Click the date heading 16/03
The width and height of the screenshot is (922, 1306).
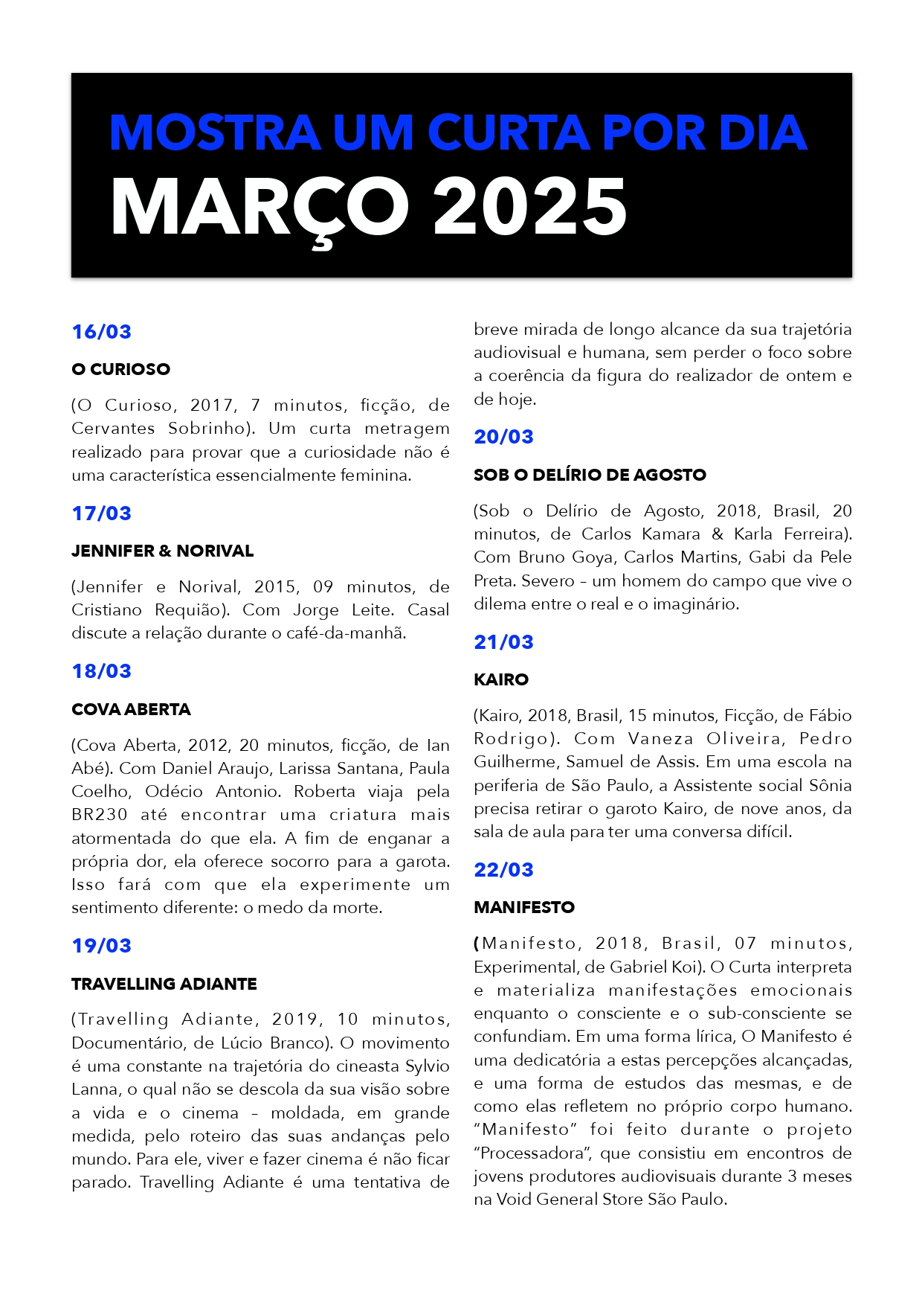pos(101,332)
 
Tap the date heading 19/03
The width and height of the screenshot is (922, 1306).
pos(101,946)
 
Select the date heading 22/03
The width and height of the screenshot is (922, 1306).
pos(503,870)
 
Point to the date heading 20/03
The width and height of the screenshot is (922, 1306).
pos(503,437)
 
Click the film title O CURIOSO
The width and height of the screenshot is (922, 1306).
pos(120,369)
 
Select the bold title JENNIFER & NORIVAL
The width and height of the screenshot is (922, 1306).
pos(162,551)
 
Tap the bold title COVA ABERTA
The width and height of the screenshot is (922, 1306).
pos(131,709)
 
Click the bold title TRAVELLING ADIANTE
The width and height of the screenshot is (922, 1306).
pos(164,984)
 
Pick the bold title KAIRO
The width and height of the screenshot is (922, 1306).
pos(501,679)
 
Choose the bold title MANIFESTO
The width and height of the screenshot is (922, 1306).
pos(524,907)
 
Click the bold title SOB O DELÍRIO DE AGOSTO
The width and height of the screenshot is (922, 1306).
pos(590,475)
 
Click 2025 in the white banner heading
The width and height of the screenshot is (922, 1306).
pos(529,207)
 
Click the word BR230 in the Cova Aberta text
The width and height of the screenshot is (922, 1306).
pos(100,815)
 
